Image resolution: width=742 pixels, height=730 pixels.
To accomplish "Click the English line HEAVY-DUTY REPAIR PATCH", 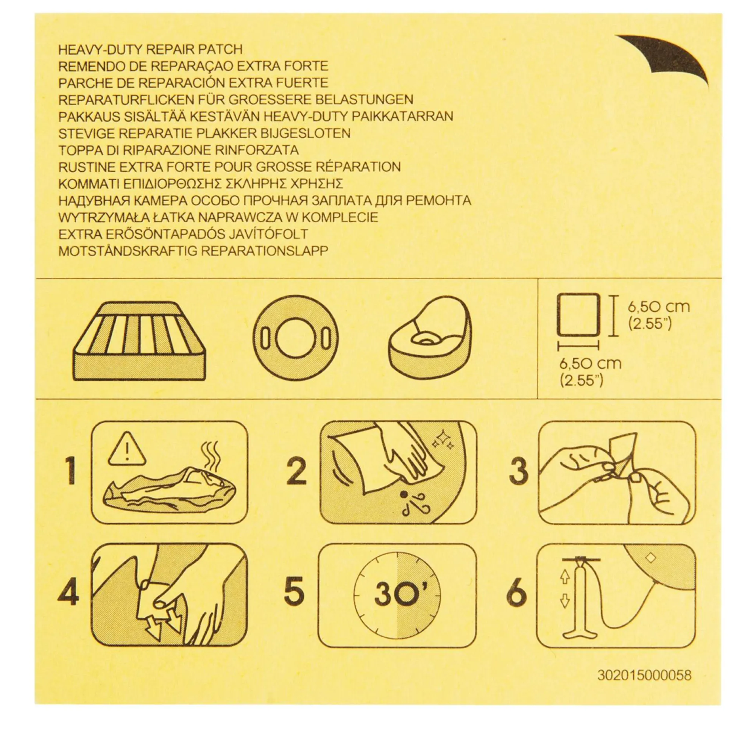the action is [150, 50].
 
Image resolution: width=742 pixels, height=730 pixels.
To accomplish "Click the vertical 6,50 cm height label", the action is [658, 307].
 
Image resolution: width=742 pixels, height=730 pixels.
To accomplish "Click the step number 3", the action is [519, 470].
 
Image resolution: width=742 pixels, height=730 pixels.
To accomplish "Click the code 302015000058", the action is [644, 675].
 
